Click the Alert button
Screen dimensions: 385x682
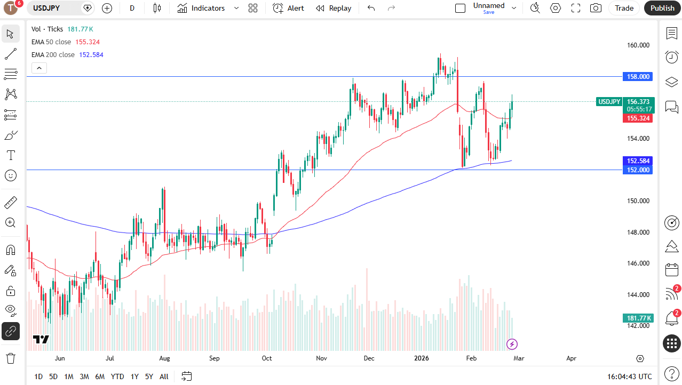(288, 8)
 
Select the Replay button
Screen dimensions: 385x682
(334, 8)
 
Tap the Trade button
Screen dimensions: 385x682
(624, 8)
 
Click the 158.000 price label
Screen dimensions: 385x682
(638, 77)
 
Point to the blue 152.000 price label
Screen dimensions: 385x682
(638, 170)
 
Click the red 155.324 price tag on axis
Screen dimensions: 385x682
(638, 118)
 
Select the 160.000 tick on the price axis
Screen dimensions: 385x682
(638, 45)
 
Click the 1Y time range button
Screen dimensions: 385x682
(134, 376)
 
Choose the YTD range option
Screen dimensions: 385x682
(117, 376)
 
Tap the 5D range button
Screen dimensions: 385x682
(53, 376)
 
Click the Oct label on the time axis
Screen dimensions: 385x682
(267, 359)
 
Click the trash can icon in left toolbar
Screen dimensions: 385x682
(11, 357)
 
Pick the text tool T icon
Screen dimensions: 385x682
(11, 156)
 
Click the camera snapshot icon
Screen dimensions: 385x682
(596, 8)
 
